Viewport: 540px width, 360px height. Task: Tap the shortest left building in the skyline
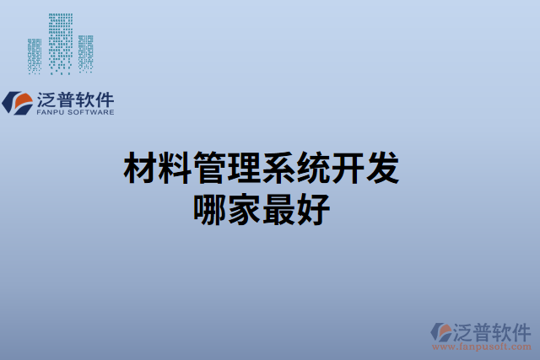pos(35,55)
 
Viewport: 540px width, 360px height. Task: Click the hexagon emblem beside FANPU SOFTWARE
pos(18,103)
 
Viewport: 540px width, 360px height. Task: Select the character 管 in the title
pos(209,169)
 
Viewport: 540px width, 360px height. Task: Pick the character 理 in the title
pos(244,169)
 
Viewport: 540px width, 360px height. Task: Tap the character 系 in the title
pos(278,169)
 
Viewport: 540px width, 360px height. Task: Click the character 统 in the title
pos(313,169)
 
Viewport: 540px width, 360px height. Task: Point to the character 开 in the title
pos(348,169)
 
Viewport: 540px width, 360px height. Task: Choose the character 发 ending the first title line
pos(382,169)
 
